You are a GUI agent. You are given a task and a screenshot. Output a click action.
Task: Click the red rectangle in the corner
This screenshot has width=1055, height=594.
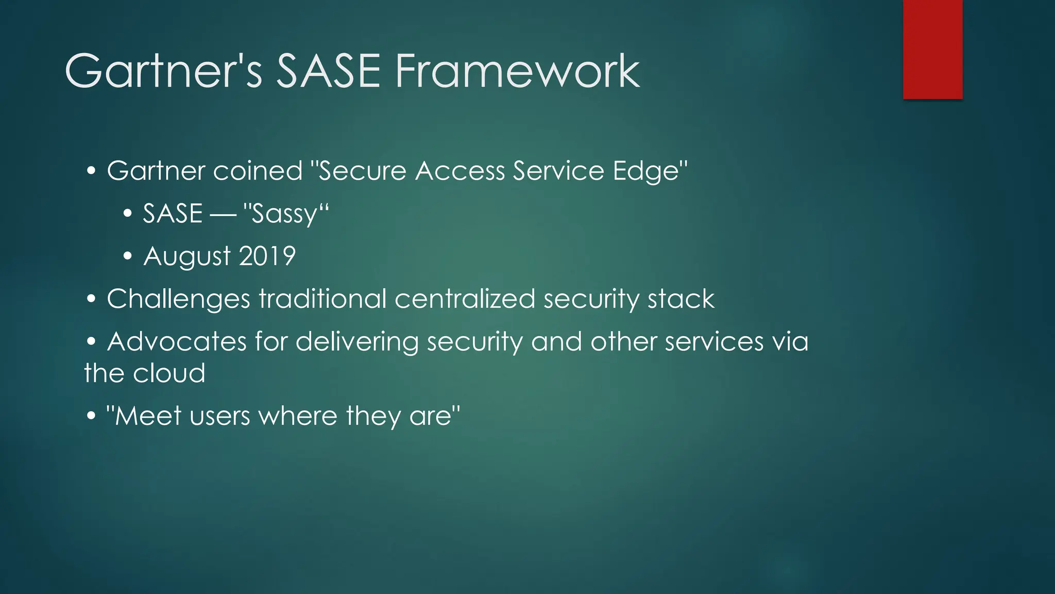coord(932,49)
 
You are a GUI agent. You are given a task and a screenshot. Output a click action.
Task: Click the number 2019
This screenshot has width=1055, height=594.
coord(267,256)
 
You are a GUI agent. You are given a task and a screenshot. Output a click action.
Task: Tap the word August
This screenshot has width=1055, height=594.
coord(187,256)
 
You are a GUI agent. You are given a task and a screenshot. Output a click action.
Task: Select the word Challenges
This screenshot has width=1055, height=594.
coord(178,299)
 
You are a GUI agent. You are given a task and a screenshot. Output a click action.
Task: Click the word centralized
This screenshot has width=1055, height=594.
coord(465,299)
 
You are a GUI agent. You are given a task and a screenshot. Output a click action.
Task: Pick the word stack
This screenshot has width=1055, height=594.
coord(680,299)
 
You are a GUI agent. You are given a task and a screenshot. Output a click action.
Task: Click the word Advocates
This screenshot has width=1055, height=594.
coord(177,342)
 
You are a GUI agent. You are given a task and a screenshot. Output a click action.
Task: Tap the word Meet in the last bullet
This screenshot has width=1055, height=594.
coord(148,416)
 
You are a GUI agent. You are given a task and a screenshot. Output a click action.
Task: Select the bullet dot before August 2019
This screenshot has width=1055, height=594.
coord(128,256)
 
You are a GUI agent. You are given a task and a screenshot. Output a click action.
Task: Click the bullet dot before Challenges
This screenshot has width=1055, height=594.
coord(91,299)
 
